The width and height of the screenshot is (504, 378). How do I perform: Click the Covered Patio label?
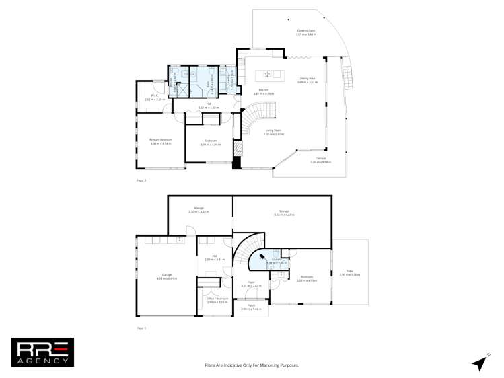(x=306, y=32)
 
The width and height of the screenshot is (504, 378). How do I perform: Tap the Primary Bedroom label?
(x=161, y=141)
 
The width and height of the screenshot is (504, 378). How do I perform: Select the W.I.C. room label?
(x=150, y=98)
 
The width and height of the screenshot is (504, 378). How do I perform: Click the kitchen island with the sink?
(x=271, y=73)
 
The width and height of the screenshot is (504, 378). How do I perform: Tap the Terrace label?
(x=318, y=161)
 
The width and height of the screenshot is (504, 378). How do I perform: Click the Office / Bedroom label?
(x=217, y=300)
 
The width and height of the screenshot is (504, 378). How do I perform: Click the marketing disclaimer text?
(x=252, y=365)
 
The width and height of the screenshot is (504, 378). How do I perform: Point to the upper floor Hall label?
(x=209, y=106)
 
